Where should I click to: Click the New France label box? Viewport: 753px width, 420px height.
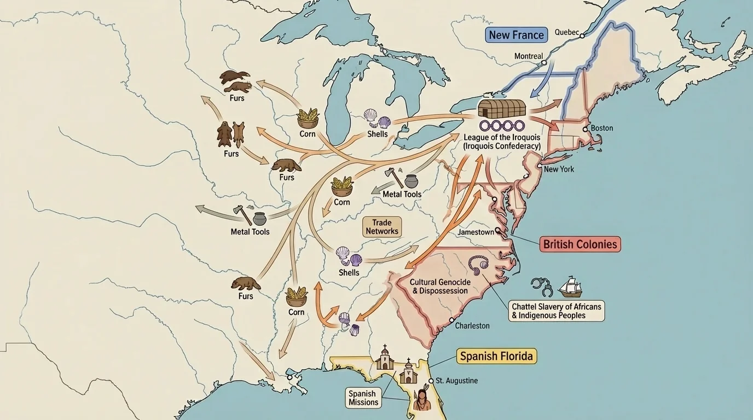(516, 35)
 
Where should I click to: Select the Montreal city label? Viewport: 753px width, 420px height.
(529, 56)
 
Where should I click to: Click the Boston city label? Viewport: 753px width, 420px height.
(602, 128)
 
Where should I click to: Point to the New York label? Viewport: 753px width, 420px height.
(559, 169)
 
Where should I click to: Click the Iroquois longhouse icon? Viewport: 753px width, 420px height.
(502, 108)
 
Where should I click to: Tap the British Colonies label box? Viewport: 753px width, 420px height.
(580, 244)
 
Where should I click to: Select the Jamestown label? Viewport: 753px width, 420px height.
(476, 232)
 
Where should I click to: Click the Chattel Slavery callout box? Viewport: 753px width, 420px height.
(556, 311)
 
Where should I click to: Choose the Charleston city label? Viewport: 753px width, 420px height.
(472, 325)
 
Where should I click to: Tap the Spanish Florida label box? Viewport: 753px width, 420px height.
(496, 357)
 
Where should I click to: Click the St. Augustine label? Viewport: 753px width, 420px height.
(456, 381)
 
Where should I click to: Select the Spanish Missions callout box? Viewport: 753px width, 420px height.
(363, 398)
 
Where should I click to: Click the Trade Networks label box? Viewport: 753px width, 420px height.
(382, 227)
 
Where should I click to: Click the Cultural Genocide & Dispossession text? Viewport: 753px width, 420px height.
(439, 286)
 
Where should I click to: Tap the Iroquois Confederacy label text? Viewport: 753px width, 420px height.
(501, 142)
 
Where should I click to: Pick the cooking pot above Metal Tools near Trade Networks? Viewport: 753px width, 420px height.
(411, 181)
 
